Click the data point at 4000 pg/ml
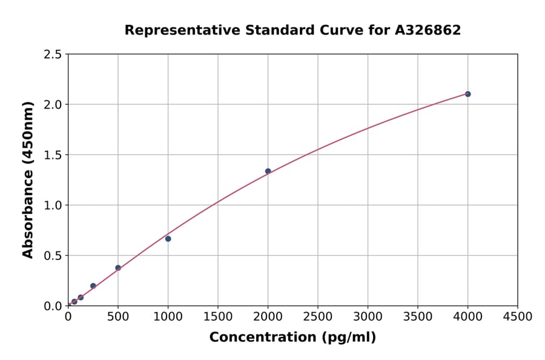click(x=467, y=94)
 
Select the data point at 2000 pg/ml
click(x=268, y=171)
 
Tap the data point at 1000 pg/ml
click(x=168, y=239)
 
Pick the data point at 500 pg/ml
click(x=118, y=268)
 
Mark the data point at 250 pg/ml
click(x=93, y=286)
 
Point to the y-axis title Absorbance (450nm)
click(x=28, y=179)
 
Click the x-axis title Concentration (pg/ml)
click(x=292, y=338)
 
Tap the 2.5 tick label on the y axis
click(x=53, y=55)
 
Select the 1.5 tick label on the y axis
click(x=53, y=155)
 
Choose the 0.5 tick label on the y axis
click(x=53, y=256)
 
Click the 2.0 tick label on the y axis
click(x=53, y=105)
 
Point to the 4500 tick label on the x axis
click(x=517, y=317)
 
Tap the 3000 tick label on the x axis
click(x=368, y=317)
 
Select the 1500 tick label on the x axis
click(x=218, y=317)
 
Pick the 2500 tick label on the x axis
click(x=318, y=317)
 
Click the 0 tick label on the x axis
click(x=68, y=317)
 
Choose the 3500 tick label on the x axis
click(x=418, y=317)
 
